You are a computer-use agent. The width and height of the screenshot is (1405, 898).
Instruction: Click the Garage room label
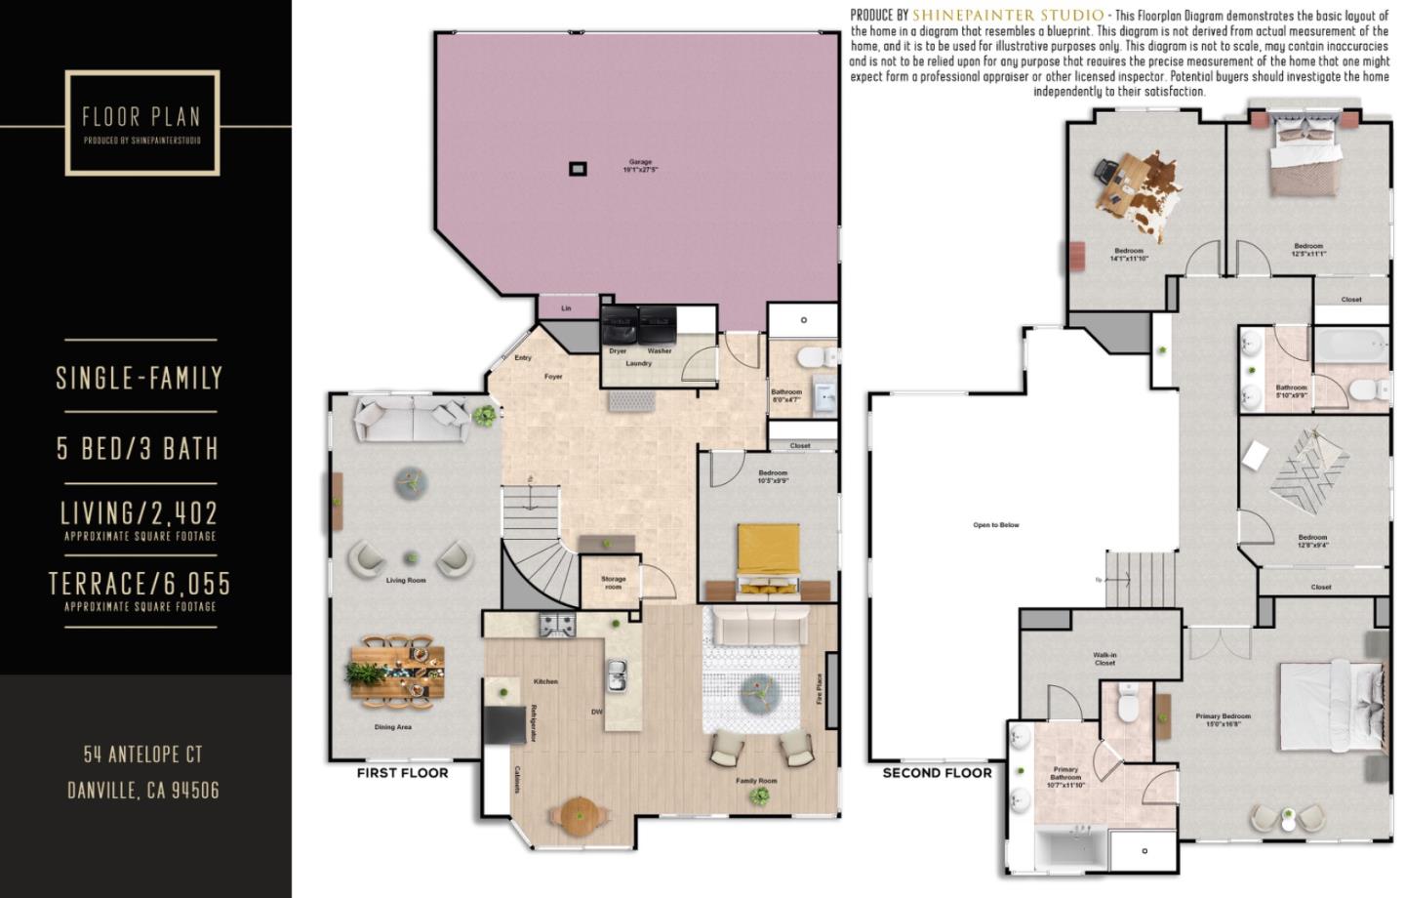pyautogui.click(x=640, y=166)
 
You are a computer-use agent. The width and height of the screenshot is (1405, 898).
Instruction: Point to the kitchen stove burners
pyautogui.click(x=558, y=624)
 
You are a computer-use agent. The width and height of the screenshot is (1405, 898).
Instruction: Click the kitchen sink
pyautogui.click(x=617, y=673)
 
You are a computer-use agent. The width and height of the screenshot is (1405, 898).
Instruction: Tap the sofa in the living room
pyautogui.click(x=411, y=418)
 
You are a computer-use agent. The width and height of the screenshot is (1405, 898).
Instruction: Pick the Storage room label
pyautogui.click(x=613, y=583)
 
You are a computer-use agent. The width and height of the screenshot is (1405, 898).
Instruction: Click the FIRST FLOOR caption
pyautogui.click(x=402, y=773)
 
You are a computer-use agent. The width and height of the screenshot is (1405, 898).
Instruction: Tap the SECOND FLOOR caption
pyautogui.click(x=937, y=773)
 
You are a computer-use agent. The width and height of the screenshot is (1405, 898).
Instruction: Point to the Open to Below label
pyautogui.click(x=995, y=525)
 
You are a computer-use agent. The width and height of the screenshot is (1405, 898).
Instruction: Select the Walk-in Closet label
pyautogui.click(x=1104, y=659)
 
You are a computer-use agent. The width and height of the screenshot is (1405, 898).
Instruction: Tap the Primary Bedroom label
pyautogui.click(x=1223, y=719)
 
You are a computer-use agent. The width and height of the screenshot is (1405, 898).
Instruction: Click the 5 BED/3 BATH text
pyautogui.click(x=138, y=448)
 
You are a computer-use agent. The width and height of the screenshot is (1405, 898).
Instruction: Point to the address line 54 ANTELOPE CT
pyautogui.click(x=142, y=755)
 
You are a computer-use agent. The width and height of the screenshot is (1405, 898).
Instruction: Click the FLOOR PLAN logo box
pyautogui.click(x=142, y=123)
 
